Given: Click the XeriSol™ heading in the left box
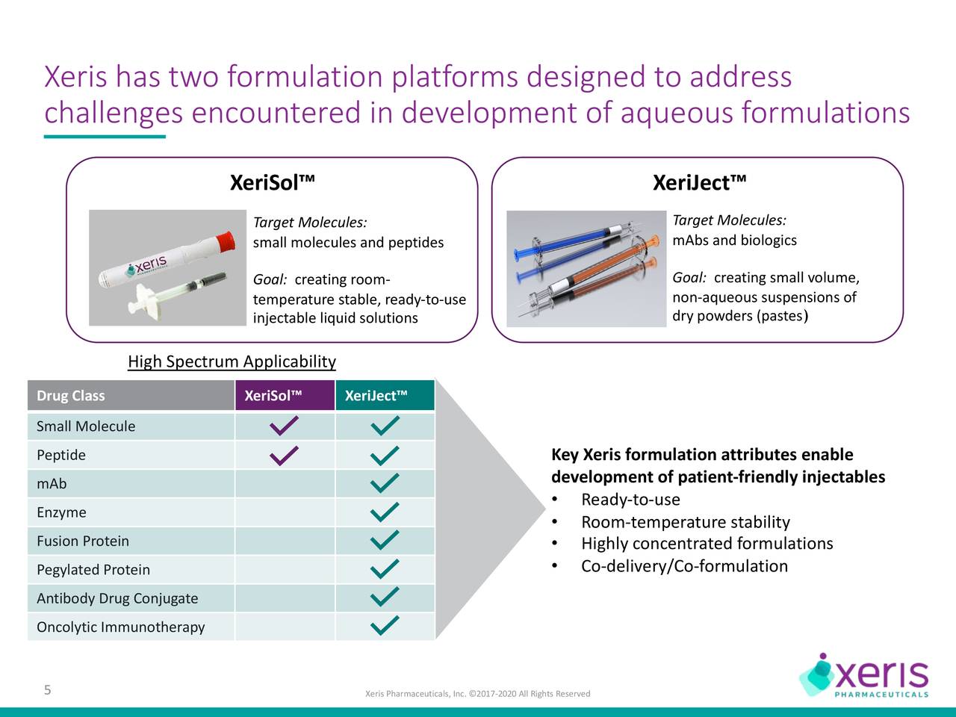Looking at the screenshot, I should [x=272, y=183].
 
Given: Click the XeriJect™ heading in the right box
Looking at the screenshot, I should [x=699, y=183].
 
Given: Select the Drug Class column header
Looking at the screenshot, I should [x=71, y=396].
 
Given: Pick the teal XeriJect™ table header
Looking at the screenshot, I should [x=376, y=396].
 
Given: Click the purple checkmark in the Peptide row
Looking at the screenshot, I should [x=285, y=455].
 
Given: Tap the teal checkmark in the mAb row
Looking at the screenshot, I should [x=384, y=483].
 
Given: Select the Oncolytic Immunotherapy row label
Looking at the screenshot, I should [x=120, y=627].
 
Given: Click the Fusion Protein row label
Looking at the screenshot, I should [x=83, y=541].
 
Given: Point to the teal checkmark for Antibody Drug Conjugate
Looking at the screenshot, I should [x=384, y=597].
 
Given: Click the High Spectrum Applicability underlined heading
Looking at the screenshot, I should [x=232, y=362].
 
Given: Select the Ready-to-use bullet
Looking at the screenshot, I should [x=630, y=500].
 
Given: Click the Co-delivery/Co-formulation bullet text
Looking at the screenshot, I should [x=684, y=566].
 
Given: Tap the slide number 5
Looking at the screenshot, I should [x=47, y=689].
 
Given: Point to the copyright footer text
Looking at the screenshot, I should [x=477, y=694].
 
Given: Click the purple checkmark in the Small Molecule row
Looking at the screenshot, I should [x=285, y=426].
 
